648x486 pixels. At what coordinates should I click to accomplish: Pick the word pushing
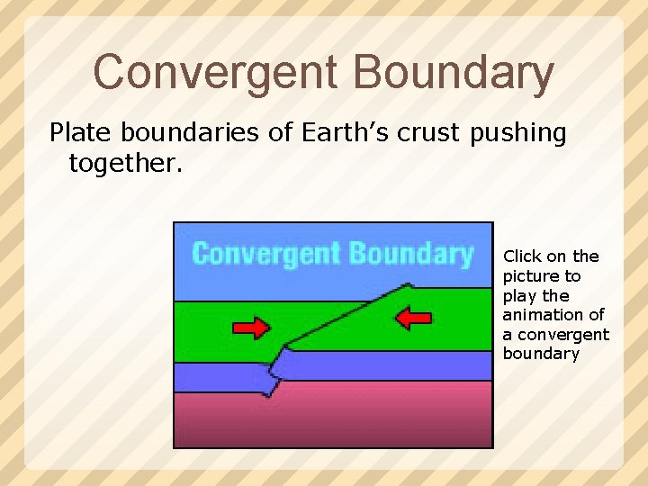pos(519,134)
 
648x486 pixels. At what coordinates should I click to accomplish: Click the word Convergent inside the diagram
pos(264,254)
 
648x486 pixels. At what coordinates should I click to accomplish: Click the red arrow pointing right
pos(252,327)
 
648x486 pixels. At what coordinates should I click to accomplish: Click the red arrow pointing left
pos(414,318)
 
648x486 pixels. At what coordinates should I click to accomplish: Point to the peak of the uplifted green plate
pos(409,287)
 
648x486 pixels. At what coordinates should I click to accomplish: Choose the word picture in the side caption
pos(529,276)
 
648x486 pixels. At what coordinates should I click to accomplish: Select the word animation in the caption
pos(544,315)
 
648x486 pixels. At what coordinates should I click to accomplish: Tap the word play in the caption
pos(518,295)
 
